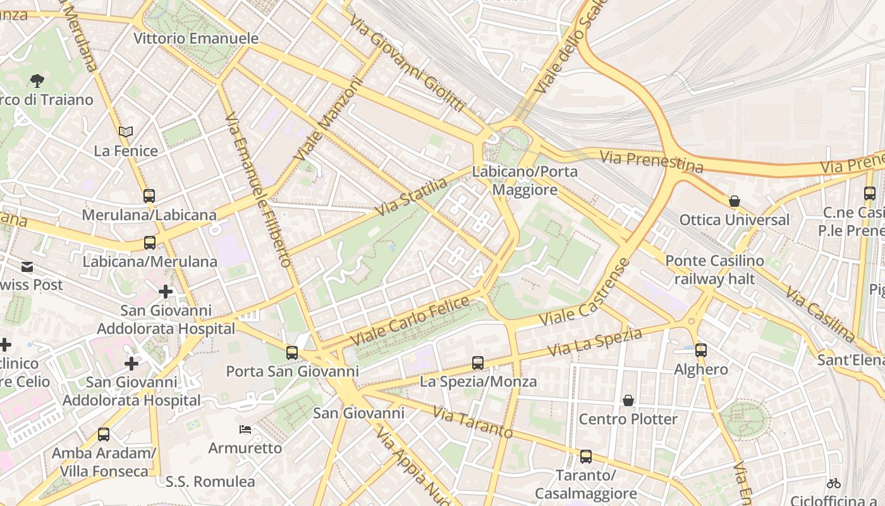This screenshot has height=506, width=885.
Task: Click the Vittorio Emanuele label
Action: (x=196, y=39)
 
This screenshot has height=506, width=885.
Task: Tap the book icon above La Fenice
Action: (x=126, y=132)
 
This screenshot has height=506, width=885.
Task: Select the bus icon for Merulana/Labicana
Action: (x=149, y=196)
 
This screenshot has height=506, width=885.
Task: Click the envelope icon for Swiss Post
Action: (x=28, y=267)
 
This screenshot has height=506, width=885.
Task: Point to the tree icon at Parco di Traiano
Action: (x=37, y=80)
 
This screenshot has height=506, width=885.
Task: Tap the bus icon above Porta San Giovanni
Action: (x=291, y=353)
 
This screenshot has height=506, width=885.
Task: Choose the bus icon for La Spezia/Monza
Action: (x=478, y=363)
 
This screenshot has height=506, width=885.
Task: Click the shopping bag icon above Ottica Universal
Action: (x=734, y=201)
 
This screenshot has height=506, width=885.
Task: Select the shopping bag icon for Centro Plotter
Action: (x=628, y=400)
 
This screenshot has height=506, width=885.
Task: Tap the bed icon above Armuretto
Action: (x=245, y=429)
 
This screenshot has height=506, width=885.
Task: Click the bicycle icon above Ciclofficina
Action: (x=834, y=483)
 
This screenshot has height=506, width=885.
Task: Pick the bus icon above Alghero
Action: (x=700, y=350)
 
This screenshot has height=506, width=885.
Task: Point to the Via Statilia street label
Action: (x=412, y=197)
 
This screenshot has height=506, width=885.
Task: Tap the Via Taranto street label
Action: (x=472, y=423)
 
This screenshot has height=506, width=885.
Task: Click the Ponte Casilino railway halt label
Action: (x=714, y=269)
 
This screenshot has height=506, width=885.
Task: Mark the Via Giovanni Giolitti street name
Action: (x=408, y=63)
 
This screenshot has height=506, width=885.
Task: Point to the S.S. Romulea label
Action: (x=211, y=481)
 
